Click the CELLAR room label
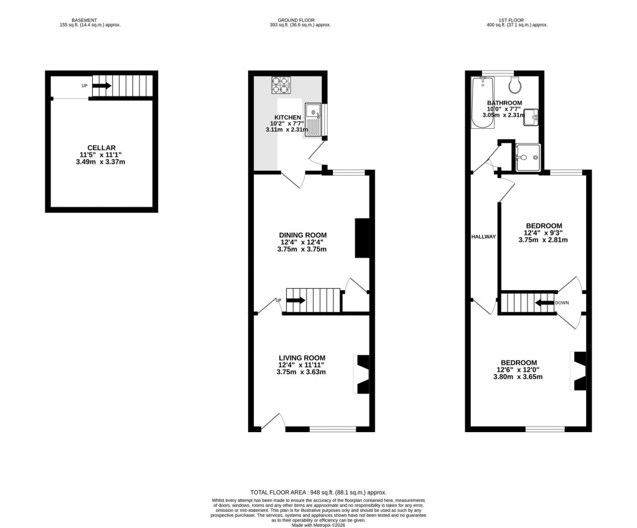tap(101, 148)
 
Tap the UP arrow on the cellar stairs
tap(101, 86)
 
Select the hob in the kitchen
tap(281, 84)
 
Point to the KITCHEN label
tap(287, 117)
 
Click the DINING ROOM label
tap(302, 235)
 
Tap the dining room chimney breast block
tap(361, 238)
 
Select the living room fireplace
tap(361, 374)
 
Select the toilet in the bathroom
tap(515, 84)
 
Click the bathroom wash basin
tap(531, 116)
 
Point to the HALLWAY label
tap(483, 237)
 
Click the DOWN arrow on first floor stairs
tap(545, 303)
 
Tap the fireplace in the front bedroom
tap(579, 371)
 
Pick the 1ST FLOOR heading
tap(516, 20)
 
